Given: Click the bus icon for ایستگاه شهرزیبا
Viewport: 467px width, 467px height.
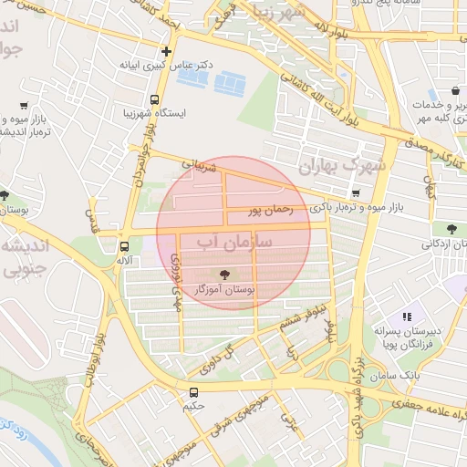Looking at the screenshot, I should pos(153,99).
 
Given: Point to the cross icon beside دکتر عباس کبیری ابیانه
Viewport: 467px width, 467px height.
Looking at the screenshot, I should pos(166,51).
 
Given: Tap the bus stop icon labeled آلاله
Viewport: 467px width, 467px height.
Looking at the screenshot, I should pos(124,246).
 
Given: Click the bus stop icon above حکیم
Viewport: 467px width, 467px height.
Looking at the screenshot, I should pos(192,393).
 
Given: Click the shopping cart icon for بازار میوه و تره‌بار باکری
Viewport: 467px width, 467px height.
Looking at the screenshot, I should pos(355,193).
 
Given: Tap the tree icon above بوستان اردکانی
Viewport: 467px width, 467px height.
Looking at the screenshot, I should pos(452,228).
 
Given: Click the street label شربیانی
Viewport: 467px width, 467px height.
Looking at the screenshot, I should pos(200,167).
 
